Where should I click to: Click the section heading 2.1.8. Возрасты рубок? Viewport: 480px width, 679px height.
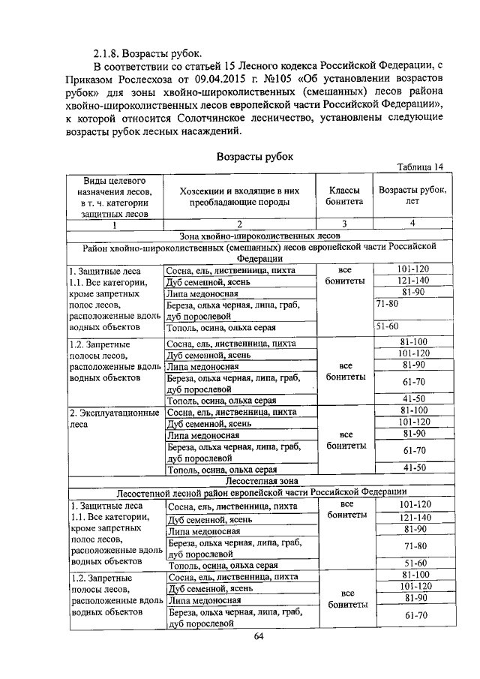147,53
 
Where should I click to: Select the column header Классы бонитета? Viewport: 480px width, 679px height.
344,197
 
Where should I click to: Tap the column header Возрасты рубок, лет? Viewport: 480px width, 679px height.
412,197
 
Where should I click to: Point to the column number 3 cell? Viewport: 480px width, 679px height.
344,223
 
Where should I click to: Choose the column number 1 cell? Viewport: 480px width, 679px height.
115,224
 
